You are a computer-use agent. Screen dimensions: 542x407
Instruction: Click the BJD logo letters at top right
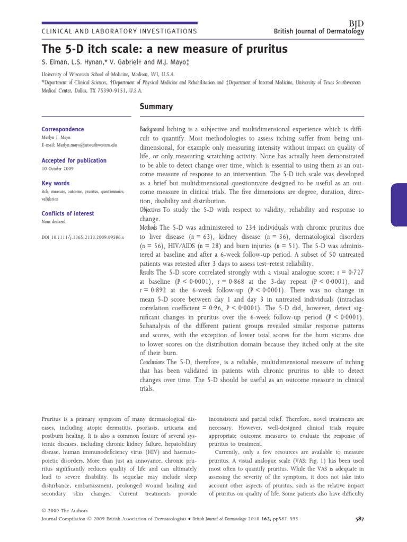tap(357, 23)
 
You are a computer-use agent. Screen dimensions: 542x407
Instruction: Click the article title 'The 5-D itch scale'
tap(164, 49)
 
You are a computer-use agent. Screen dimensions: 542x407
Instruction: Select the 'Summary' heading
tap(156, 106)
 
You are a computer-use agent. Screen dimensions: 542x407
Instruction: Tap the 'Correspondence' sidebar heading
tap(63, 129)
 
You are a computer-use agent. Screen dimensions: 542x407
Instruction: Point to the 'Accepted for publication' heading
tap(74, 160)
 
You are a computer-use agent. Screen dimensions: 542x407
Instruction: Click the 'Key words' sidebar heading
tap(56, 183)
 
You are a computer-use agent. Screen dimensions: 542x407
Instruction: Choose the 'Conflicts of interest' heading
tap(67, 213)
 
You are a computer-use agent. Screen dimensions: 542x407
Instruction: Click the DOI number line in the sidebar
tap(82, 238)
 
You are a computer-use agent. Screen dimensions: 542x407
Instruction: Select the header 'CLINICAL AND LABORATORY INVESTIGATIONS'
tap(119, 31)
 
